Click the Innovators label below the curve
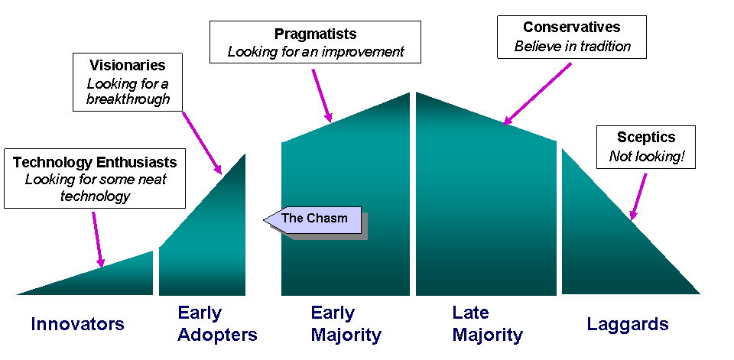77,324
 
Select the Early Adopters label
217,323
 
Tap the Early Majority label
346,323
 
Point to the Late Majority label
487,323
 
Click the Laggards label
628,324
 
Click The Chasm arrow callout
313,219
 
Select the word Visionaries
127,66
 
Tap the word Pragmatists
315,34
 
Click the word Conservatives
572,28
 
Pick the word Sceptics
646,138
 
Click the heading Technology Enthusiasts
95,162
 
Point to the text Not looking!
647,157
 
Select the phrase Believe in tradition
572,47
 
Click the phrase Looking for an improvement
316,53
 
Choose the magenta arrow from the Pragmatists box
321,96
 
